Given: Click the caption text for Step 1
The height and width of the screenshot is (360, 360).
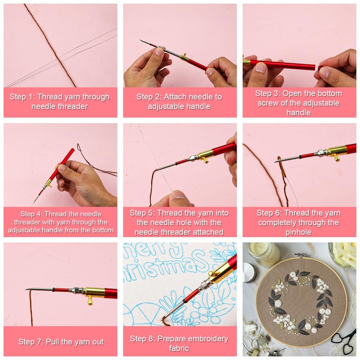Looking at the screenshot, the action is [59, 102].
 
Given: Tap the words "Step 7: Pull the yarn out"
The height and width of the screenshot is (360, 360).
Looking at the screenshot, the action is [61, 342].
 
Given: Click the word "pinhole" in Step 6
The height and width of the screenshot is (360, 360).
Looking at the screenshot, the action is [298, 232].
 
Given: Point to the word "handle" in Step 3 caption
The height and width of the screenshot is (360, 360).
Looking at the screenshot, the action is [298, 112].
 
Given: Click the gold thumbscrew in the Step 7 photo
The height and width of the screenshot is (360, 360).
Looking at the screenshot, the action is [90, 300].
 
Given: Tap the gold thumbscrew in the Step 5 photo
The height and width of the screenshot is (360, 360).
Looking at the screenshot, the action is [205, 160].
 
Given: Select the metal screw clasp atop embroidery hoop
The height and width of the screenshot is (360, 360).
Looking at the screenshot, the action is [299, 255].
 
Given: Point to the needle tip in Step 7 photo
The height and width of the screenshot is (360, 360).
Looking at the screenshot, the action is [26, 289].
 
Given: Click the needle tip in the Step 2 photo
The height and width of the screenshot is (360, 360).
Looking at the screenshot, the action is [140, 40].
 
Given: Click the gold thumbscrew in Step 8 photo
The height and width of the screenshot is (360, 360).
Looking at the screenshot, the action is [211, 274].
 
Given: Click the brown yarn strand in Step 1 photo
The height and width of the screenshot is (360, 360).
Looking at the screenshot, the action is [50, 45].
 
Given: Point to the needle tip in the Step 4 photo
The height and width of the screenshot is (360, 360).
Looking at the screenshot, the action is [33, 204].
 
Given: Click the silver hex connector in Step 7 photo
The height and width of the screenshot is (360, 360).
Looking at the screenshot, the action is [77, 291].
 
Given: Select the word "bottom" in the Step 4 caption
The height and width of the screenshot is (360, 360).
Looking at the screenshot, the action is [103, 230].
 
